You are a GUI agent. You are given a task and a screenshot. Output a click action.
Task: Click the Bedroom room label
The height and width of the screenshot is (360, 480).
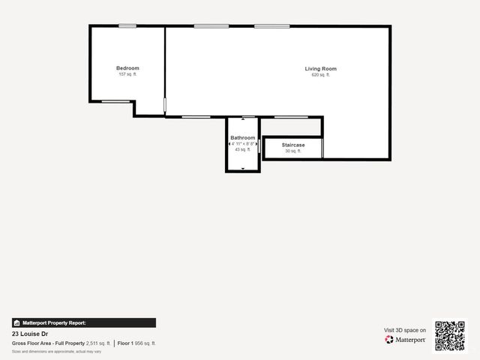127,68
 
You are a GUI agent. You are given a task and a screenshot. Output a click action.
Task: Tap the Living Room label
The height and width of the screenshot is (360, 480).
320,69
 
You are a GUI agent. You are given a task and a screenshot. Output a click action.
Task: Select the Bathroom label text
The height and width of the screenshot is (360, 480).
243,138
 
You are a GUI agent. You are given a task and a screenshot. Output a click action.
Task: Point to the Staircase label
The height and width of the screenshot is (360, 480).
293,144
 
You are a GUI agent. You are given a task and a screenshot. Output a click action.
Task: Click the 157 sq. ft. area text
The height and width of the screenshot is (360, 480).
127,74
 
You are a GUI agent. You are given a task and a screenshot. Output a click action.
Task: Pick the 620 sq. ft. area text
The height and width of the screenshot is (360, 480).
320,75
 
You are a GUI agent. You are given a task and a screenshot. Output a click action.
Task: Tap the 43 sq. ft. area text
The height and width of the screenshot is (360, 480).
243,149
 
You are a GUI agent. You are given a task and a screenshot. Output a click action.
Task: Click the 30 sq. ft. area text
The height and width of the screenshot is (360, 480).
293,151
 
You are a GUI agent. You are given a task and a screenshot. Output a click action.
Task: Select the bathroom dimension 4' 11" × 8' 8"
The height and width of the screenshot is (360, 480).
243,144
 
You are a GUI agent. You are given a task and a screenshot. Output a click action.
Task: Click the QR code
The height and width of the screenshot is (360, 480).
450,336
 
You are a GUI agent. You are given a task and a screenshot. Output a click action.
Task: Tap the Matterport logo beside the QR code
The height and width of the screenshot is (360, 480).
406,340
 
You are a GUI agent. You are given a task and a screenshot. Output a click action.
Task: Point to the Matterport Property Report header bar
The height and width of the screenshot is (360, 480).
84,322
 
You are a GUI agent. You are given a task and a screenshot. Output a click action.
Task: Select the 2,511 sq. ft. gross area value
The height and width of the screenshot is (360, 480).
98,343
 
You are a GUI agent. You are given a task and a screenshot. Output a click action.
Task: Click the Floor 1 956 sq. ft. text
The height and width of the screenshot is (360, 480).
136,343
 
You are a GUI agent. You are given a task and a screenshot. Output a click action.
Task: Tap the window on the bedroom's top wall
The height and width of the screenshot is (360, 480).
127,26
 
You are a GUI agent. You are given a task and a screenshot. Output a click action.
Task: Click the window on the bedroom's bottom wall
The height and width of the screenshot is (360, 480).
115,100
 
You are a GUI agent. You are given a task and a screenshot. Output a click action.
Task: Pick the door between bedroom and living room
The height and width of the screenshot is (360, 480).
165,105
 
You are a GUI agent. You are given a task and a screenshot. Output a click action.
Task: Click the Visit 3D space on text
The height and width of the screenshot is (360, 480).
405,330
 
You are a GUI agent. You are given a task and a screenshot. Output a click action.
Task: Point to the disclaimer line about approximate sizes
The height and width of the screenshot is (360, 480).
56,351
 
